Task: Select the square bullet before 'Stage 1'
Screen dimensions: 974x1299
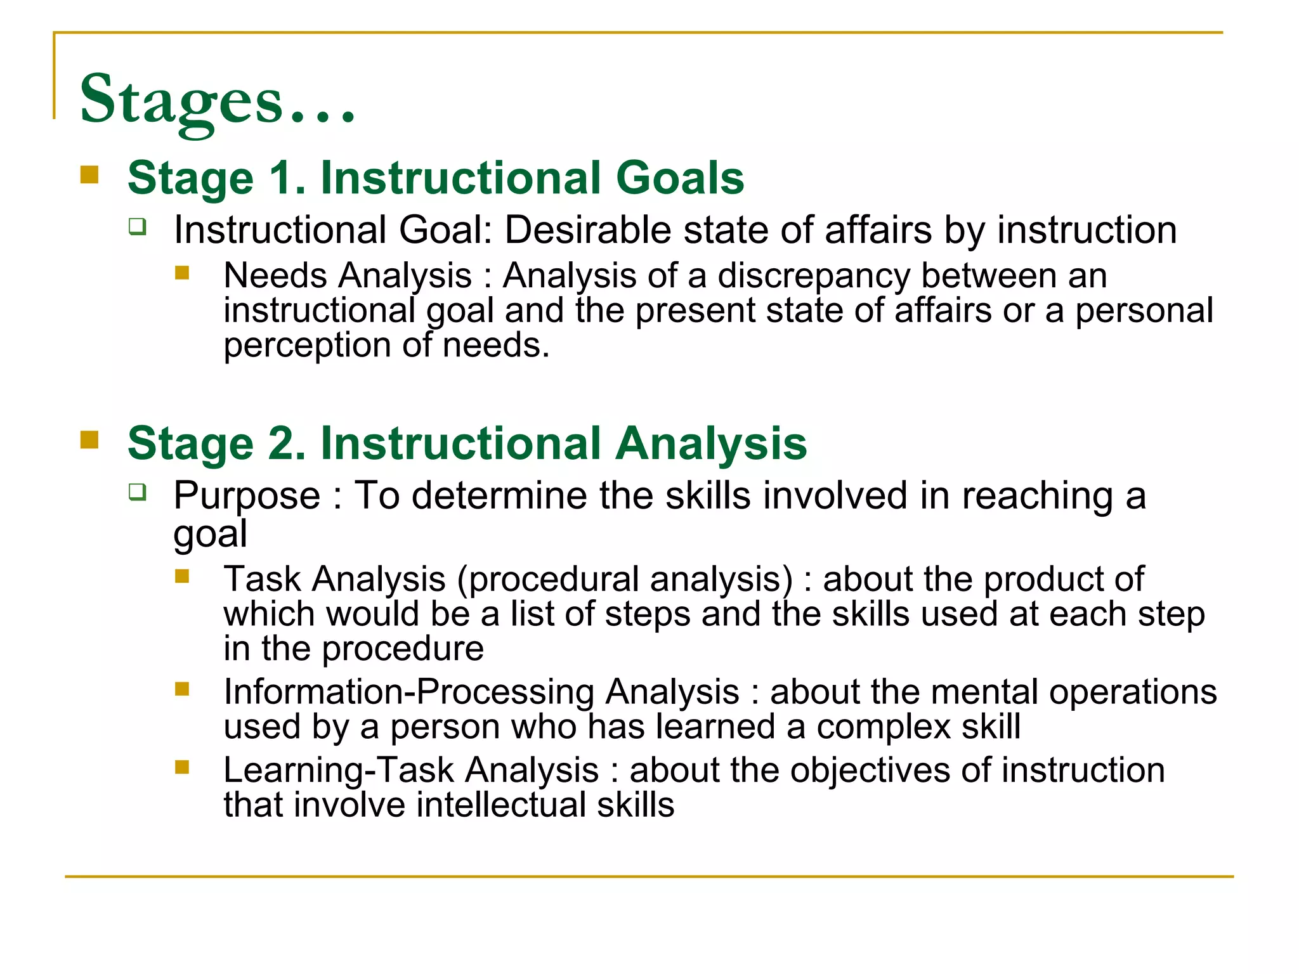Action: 89,174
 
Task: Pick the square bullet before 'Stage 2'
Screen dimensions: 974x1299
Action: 89,439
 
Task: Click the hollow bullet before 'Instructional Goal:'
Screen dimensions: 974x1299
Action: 137,226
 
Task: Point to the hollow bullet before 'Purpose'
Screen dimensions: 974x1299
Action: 137,491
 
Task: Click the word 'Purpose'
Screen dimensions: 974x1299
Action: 247,496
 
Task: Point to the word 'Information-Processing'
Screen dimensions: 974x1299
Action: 408,692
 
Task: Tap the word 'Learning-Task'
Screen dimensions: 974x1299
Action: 339,770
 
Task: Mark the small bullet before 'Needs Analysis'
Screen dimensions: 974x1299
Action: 182,273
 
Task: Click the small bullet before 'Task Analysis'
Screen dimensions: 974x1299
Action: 182,576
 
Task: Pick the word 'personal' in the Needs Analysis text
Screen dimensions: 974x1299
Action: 1144,311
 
